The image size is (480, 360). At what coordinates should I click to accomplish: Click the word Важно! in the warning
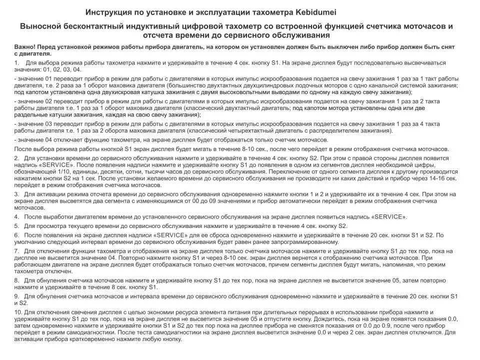click(x=24, y=47)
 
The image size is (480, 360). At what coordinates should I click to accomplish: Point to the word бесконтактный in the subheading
click(x=103, y=26)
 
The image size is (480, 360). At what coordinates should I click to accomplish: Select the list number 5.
click(x=17, y=226)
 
